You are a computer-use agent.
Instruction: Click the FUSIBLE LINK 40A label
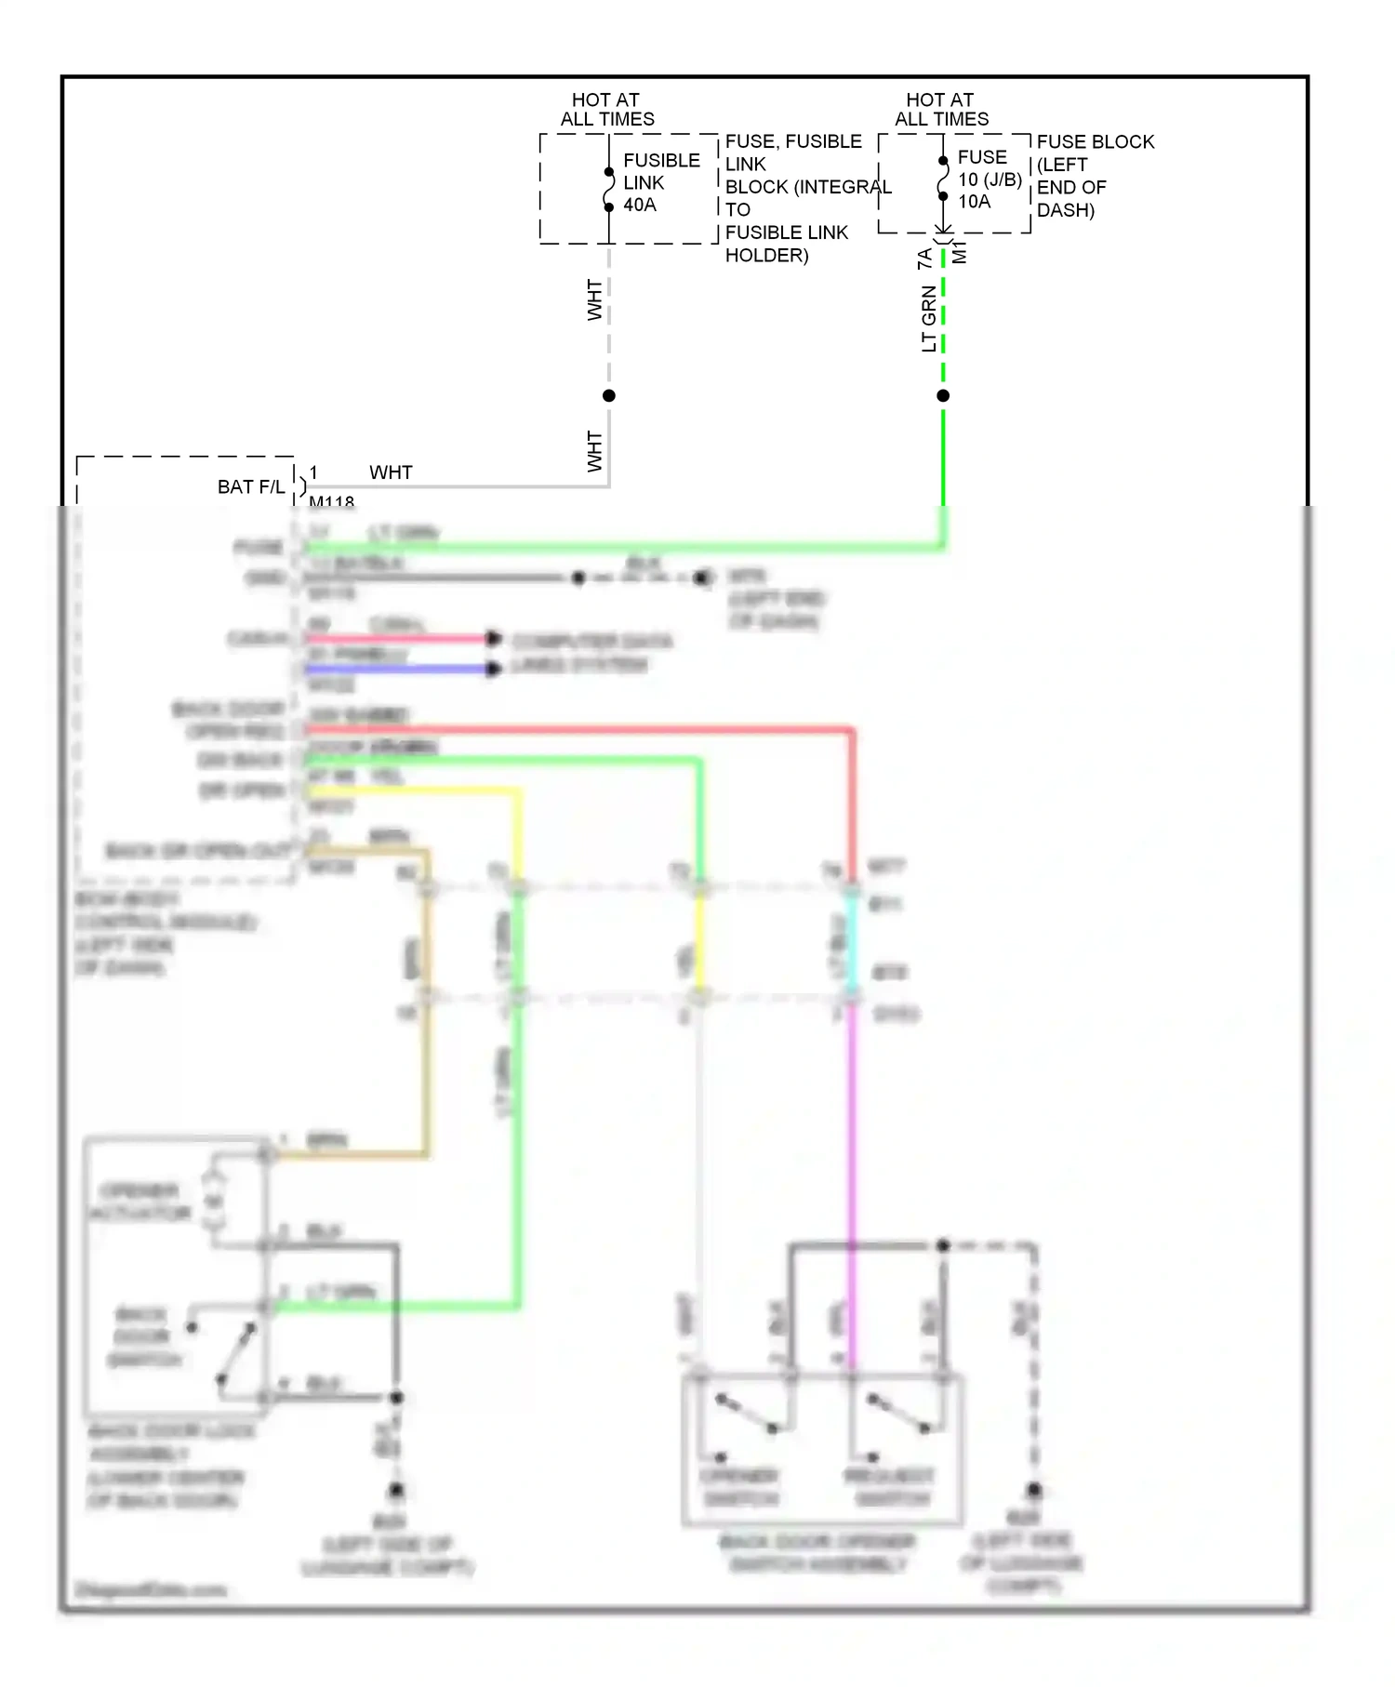[660, 182]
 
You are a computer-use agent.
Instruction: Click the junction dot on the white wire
[609, 396]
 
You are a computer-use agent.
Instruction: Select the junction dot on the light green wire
[943, 396]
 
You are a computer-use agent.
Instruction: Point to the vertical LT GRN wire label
[928, 319]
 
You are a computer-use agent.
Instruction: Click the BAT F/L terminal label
[251, 487]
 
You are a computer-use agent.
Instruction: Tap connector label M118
[331, 502]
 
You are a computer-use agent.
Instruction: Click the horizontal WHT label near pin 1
[391, 472]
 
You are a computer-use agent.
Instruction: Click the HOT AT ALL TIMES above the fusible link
[606, 110]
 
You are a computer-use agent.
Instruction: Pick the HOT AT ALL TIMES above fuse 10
[941, 110]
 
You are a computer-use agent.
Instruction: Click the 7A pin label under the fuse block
[924, 259]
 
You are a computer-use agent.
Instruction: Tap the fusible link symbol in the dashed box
[609, 190]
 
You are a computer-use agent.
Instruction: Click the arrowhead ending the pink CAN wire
[494, 638]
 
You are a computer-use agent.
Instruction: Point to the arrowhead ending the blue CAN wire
[494, 669]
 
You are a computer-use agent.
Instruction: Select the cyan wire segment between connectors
[851, 944]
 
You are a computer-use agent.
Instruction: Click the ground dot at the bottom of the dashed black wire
[1033, 1490]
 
